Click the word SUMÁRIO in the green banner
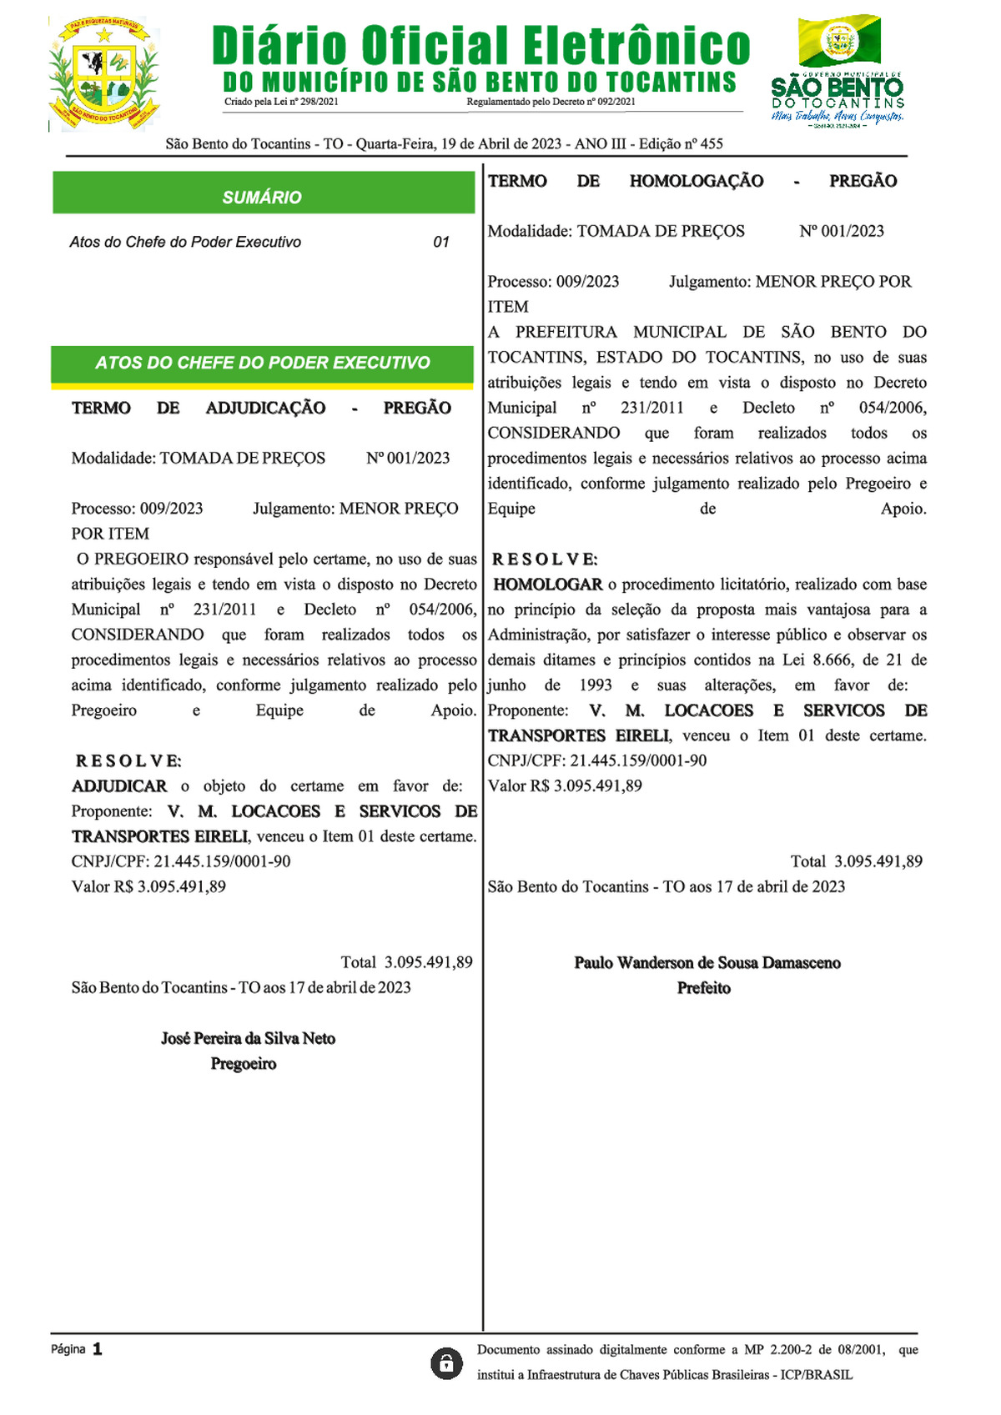pyautogui.click(x=262, y=198)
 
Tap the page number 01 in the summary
pyautogui.click(x=441, y=243)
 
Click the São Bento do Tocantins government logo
pyautogui.click(x=838, y=72)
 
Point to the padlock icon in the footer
pyautogui.click(x=446, y=1363)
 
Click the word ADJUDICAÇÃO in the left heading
pyautogui.click(x=266, y=409)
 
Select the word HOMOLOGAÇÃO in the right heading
pyautogui.click(x=697, y=182)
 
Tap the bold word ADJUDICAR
pyautogui.click(x=119, y=786)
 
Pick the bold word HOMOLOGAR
pyautogui.click(x=548, y=585)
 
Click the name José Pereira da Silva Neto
pyautogui.click(x=248, y=1039)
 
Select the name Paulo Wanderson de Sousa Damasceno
pyautogui.click(x=707, y=963)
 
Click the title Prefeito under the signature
pyautogui.click(x=704, y=988)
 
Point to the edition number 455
pyautogui.click(x=712, y=144)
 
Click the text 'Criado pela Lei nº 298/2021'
pyautogui.click(x=281, y=102)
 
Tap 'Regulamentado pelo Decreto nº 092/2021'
pyautogui.click(x=551, y=102)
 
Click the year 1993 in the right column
pyautogui.click(x=596, y=685)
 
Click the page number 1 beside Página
pyautogui.click(x=98, y=1349)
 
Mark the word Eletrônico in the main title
pyautogui.click(x=636, y=47)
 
